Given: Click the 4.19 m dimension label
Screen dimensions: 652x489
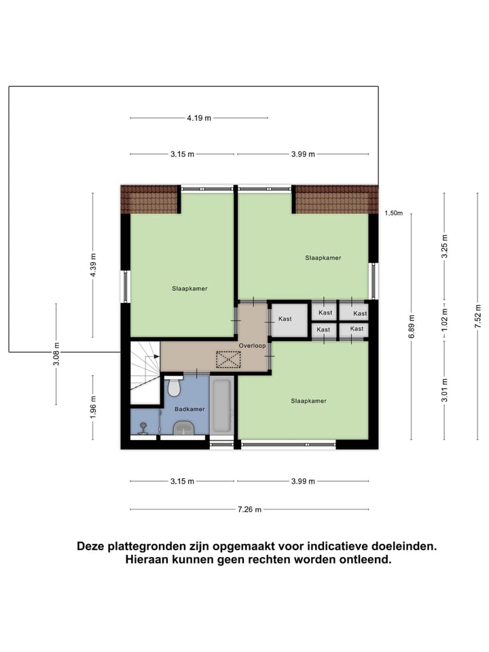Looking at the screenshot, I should click(198, 117).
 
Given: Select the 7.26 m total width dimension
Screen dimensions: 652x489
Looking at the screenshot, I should click(250, 509).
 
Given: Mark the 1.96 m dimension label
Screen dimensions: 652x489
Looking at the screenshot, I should click(93, 405).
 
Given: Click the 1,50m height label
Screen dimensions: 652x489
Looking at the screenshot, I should click(394, 213).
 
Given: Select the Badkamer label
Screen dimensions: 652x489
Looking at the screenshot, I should click(189, 410).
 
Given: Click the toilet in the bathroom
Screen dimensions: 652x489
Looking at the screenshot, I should click(174, 387).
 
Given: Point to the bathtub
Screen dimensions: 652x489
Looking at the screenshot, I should click(222, 406).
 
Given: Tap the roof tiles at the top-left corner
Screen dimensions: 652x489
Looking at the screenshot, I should click(149, 200).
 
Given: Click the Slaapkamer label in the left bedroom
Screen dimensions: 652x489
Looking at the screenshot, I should click(189, 288).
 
